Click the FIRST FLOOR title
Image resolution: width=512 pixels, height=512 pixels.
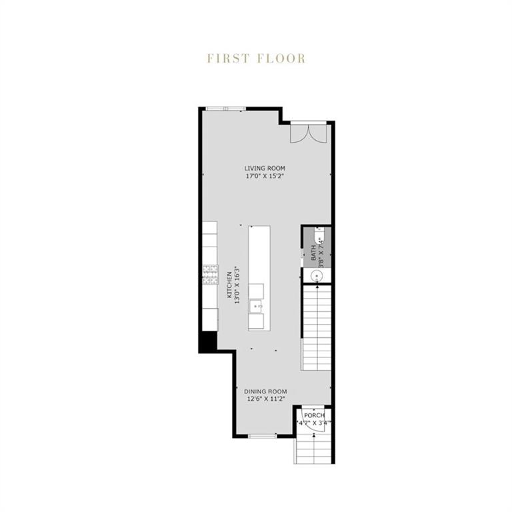click(x=256, y=59)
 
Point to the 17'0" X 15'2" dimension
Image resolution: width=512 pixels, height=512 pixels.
click(x=265, y=177)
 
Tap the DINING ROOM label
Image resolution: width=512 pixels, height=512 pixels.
click(x=265, y=391)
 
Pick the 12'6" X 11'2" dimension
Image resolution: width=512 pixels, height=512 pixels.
click(x=265, y=400)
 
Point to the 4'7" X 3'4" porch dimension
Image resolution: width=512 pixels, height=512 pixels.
click(x=314, y=423)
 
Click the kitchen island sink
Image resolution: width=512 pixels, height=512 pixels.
click(x=256, y=307)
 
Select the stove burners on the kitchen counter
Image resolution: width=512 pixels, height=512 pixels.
click(x=210, y=273)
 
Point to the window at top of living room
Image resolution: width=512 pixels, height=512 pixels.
click(x=225, y=109)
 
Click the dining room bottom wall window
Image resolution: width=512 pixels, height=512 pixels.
click(x=263, y=436)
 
